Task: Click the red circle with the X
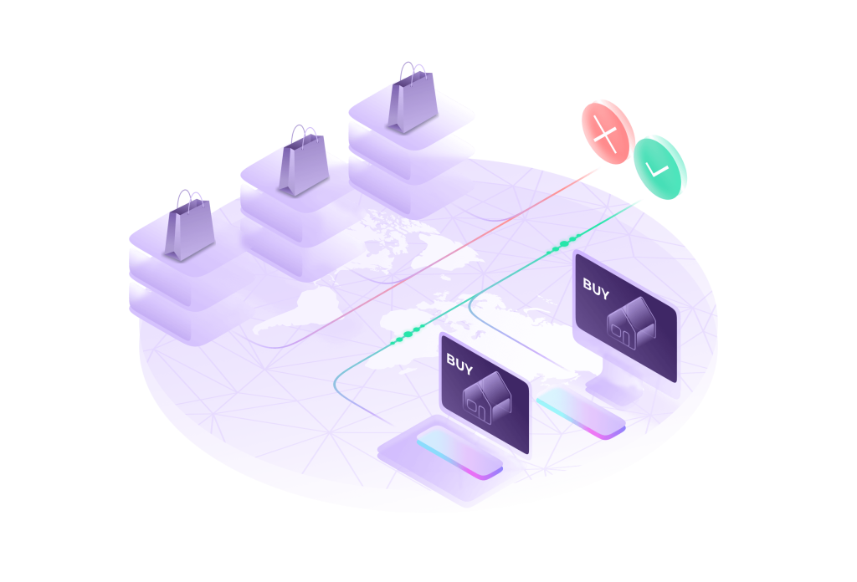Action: click(608, 132)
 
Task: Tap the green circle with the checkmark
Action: click(660, 167)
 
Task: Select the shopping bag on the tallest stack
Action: click(412, 102)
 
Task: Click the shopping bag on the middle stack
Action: click(303, 164)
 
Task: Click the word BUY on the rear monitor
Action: click(597, 285)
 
